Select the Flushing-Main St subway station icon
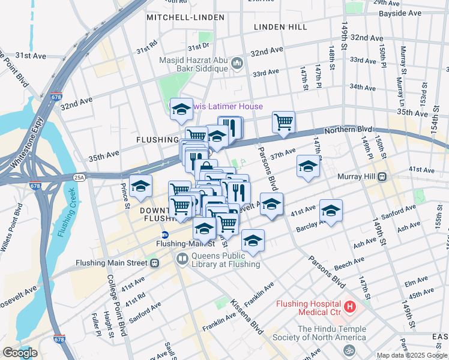coord(164,235)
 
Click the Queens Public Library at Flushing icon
coord(181,259)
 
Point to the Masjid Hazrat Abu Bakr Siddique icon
coord(237,62)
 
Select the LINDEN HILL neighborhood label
coord(280,27)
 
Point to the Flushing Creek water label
coord(68,212)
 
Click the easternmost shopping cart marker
coord(283,122)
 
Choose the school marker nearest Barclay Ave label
coord(331,210)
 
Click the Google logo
coord(20,353)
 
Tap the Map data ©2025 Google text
coord(412,355)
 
